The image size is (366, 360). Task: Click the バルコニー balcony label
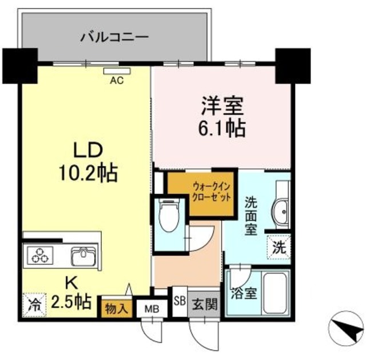114,38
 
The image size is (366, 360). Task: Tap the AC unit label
117,80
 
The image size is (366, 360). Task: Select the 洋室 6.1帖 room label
222,117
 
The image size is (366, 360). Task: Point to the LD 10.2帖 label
87,161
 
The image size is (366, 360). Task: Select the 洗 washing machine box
279,248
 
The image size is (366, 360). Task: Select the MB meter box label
151,308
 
